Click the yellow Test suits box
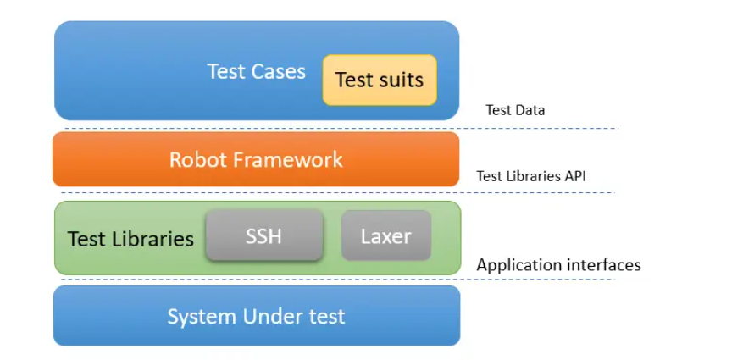click(380, 80)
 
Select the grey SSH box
click(263, 235)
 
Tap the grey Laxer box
click(386, 235)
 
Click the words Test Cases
click(256, 71)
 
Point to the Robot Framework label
click(256, 159)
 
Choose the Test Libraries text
click(130, 239)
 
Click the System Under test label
click(256, 317)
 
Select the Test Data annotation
click(515, 110)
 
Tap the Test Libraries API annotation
click(530, 176)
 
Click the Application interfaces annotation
click(558, 265)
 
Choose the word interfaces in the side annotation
click(603, 265)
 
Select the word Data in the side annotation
click(530, 110)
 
